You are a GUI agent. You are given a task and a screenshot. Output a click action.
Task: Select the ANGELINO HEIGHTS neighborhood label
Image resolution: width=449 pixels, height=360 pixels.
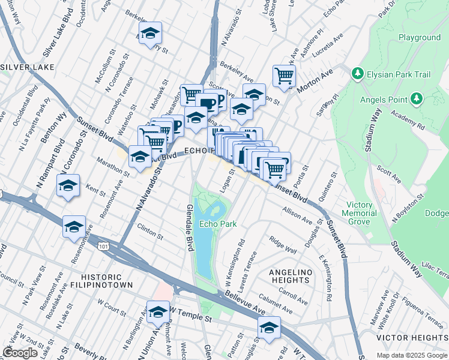click(291, 277)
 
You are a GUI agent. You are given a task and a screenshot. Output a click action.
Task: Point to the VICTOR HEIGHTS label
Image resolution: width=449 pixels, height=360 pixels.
click(412, 338)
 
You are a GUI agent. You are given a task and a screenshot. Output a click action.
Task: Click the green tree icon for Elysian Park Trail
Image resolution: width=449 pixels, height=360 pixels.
click(358, 73)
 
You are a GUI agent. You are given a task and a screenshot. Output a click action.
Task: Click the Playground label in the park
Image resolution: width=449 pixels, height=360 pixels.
click(419, 37)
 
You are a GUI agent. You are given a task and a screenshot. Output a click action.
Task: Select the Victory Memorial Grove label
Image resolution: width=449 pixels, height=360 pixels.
click(360, 213)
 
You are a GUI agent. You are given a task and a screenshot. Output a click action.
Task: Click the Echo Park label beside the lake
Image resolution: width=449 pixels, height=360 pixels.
click(217, 224)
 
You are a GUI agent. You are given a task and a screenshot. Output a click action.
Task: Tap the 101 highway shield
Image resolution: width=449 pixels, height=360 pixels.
click(104, 245)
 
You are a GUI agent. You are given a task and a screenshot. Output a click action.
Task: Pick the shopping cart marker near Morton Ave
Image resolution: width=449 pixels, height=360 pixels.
click(284, 76)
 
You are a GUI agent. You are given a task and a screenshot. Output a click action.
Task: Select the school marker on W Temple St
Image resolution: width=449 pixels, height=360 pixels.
click(158, 312)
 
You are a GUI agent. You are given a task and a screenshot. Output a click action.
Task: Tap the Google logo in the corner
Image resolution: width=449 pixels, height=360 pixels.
click(20, 352)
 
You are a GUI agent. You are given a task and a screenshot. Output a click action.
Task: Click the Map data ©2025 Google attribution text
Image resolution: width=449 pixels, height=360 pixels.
click(412, 355)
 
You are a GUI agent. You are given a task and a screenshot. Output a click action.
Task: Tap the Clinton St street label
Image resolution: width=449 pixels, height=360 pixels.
click(150, 230)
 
